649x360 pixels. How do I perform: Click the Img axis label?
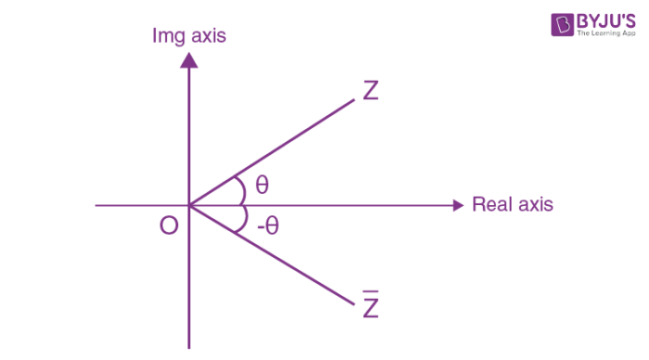click(189, 36)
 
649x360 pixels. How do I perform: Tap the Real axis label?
click(512, 205)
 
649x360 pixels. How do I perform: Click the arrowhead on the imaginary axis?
click(189, 60)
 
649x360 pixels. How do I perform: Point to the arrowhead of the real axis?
click(456, 205)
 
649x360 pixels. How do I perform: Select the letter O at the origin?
click(169, 225)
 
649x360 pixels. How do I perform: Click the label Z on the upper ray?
click(371, 91)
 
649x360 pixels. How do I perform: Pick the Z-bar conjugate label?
click(371, 307)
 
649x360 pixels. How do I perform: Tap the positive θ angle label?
click(262, 185)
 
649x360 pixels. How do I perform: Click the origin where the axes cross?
click(189, 205)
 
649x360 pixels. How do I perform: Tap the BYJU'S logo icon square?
click(562, 25)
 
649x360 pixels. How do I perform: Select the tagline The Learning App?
click(604, 33)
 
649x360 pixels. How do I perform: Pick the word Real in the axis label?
click(492, 205)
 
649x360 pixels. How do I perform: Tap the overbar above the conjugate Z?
click(371, 295)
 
